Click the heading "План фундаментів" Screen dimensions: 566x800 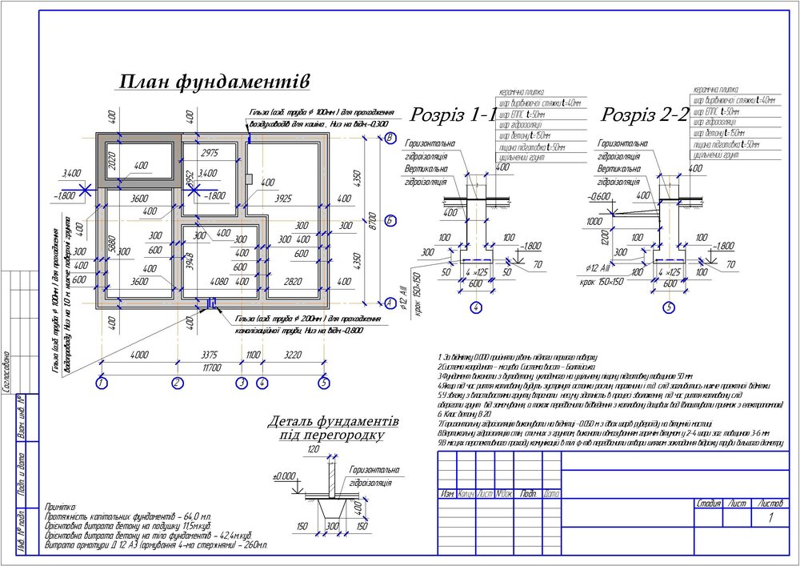(x=214, y=82)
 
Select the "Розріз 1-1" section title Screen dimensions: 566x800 (x=453, y=114)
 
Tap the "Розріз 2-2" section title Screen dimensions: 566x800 (x=645, y=114)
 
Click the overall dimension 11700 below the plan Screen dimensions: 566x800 (x=212, y=367)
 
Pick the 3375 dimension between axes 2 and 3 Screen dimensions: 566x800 (x=208, y=354)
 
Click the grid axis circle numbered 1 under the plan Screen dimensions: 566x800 (x=101, y=383)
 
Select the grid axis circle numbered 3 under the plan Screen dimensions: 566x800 (x=242, y=383)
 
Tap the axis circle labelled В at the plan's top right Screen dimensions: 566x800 (x=390, y=138)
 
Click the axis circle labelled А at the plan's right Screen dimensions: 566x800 (x=390, y=303)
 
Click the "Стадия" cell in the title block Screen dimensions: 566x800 (x=710, y=504)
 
